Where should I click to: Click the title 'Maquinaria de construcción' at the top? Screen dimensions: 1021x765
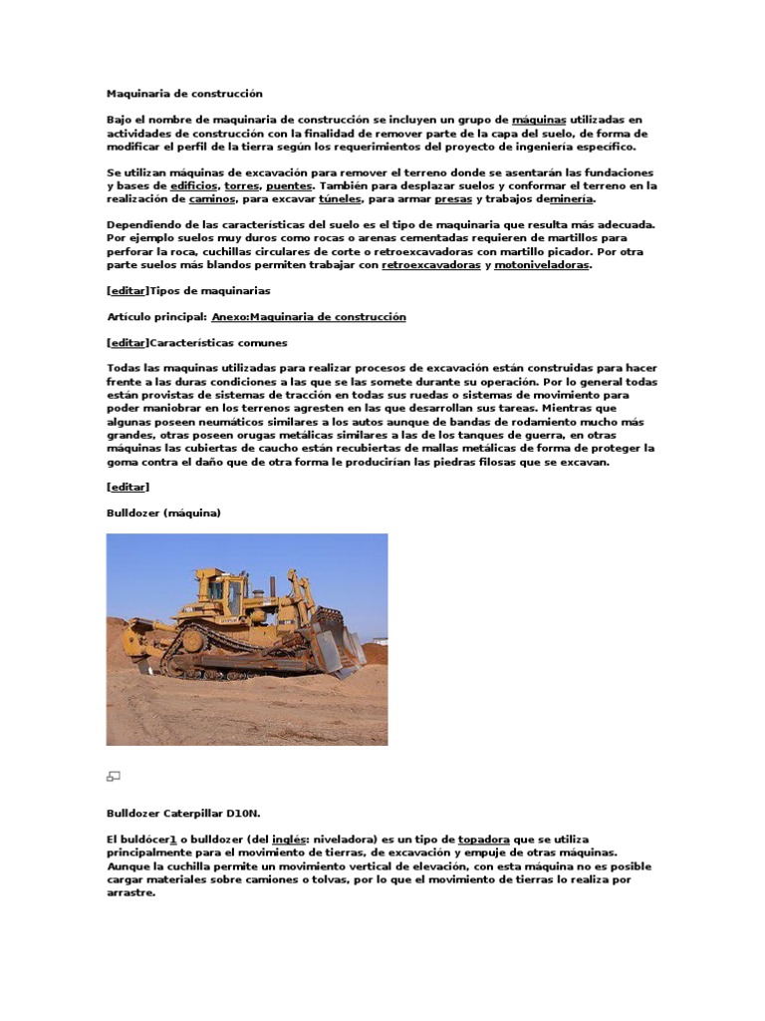(184, 94)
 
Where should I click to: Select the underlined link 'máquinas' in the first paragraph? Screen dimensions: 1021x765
(538, 120)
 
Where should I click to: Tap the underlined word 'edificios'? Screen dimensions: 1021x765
(194, 185)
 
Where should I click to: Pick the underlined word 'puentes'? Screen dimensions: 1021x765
(289, 185)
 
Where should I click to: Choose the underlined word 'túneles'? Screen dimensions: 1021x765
(339, 198)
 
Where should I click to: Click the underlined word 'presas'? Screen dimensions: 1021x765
(453, 198)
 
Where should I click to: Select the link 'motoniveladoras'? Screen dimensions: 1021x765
(542, 265)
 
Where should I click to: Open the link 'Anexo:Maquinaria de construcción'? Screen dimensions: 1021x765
(309, 316)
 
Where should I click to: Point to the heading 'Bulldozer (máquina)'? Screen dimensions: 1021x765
(163, 512)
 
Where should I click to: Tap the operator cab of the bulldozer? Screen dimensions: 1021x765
(225, 595)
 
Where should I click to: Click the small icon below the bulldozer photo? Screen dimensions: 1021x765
(114, 776)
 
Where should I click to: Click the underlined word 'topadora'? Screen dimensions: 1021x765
(482, 840)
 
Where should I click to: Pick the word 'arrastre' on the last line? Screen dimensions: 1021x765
(129, 892)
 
